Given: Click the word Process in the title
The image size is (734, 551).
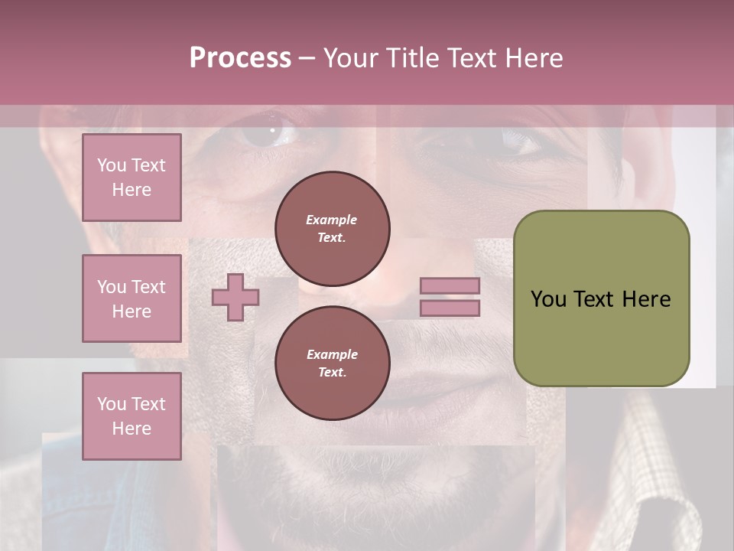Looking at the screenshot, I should tap(240, 58).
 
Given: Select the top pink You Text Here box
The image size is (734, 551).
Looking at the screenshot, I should tap(132, 178).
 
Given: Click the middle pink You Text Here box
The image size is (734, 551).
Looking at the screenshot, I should tap(132, 298).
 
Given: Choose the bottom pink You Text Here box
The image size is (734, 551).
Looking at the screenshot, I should tap(132, 416).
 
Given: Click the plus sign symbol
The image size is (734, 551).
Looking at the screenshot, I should tap(235, 297).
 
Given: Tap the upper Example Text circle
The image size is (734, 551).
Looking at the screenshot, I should tap(332, 229).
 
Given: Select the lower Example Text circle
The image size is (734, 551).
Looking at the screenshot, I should tap(332, 364).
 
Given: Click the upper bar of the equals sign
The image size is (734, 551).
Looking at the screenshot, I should tap(450, 285).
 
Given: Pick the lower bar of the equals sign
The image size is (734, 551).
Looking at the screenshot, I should tap(450, 308).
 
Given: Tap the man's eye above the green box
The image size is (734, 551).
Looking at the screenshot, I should tap(521, 139).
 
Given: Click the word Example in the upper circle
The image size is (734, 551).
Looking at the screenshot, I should tap(332, 220).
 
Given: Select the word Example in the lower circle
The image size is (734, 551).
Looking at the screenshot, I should tap(332, 354).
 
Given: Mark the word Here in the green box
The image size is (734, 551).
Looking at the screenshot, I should tap(646, 299).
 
